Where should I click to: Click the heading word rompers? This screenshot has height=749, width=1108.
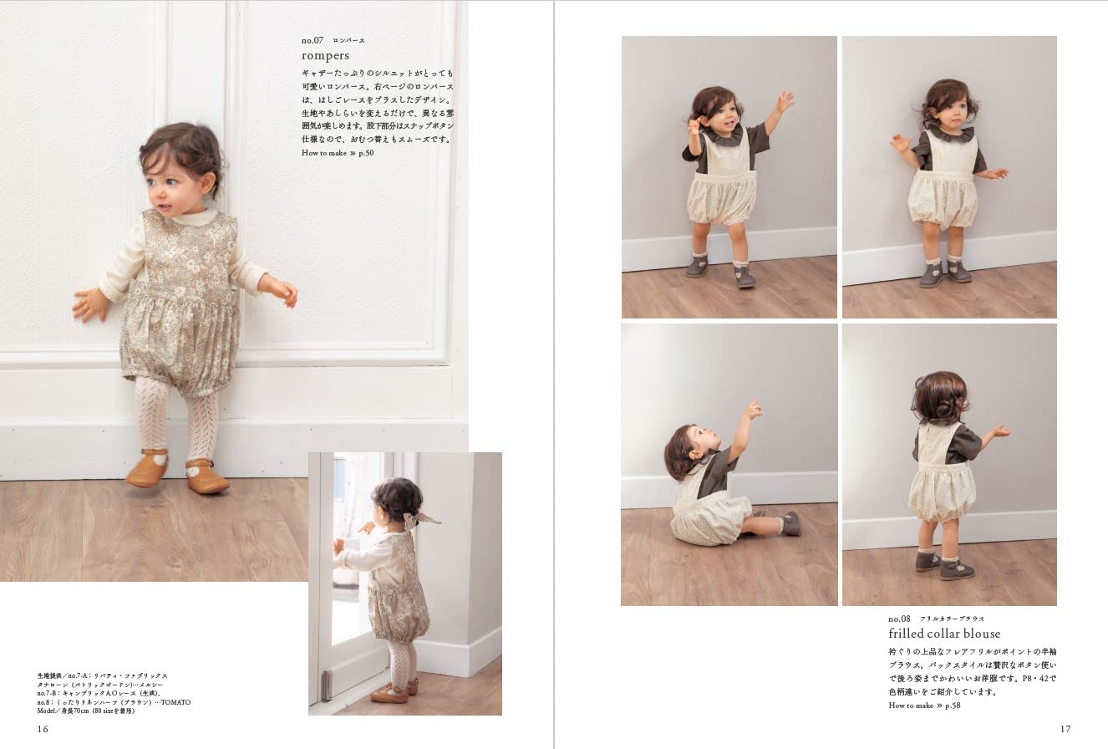coord(325,56)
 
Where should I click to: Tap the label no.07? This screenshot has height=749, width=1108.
coord(313,39)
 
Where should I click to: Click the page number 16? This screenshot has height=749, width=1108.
coord(43,729)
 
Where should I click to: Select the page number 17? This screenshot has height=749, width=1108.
coord(1065,729)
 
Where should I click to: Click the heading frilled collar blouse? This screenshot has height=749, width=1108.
coord(944,634)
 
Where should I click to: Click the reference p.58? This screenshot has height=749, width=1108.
coord(948,706)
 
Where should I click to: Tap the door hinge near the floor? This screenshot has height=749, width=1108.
coord(326,684)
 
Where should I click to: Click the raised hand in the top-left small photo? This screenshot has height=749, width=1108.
coord(784,101)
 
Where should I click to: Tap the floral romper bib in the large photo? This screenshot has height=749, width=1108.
coord(177,247)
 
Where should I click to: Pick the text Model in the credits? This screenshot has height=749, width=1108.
coord(48,711)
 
